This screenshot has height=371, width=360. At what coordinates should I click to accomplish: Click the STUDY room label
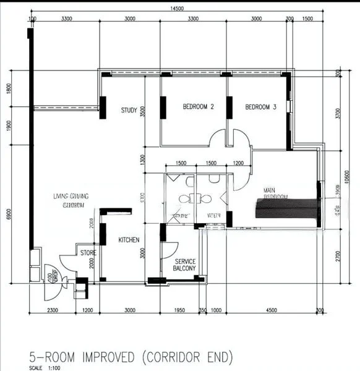click(129, 111)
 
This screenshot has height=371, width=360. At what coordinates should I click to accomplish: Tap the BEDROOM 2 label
click(198, 107)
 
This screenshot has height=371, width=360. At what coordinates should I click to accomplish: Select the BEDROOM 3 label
click(260, 107)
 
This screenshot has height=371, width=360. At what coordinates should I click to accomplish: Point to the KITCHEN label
click(129, 240)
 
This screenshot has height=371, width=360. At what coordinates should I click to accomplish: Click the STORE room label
click(87, 252)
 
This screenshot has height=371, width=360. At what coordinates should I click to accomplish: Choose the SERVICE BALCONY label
click(185, 265)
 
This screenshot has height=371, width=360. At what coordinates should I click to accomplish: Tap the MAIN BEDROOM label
click(275, 193)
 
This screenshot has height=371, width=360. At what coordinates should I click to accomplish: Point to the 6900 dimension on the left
click(9, 214)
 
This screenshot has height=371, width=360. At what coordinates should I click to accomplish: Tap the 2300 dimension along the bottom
click(52, 310)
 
